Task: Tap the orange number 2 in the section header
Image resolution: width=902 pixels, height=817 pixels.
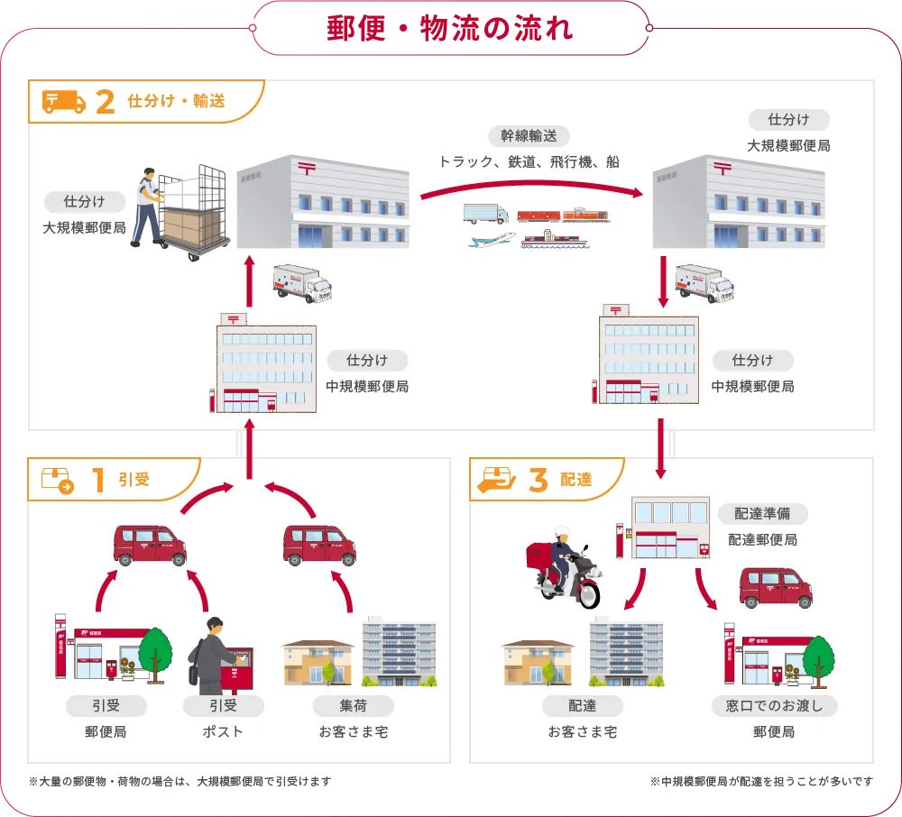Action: pyautogui.click(x=104, y=102)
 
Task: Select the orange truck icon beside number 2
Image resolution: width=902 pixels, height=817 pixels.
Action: pyautogui.click(x=64, y=102)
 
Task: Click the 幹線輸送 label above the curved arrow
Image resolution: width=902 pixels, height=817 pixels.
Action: pyautogui.click(x=529, y=136)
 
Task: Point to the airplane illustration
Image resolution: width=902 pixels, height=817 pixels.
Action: pyautogui.click(x=492, y=241)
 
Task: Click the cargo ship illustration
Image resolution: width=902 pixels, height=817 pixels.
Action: pyautogui.click(x=554, y=241)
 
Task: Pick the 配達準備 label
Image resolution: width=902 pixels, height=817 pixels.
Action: pyautogui.click(x=762, y=514)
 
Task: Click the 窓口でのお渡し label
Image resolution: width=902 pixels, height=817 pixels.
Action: pyautogui.click(x=774, y=705)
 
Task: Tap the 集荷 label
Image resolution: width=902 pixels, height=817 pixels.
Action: pyautogui.click(x=353, y=705)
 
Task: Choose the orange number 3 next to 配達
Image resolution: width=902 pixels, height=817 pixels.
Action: pyautogui.click(x=538, y=480)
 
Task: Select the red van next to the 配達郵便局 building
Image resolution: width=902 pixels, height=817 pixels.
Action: pyautogui.click(x=775, y=588)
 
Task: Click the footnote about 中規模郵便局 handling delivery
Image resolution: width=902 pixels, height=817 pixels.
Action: pyautogui.click(x=760, y=781)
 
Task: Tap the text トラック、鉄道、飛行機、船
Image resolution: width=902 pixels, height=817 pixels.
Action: pyautogui.click(x=529, y=162)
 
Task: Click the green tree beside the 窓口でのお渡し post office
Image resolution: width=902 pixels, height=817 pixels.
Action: pyautogui.click(x=818, y=656)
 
